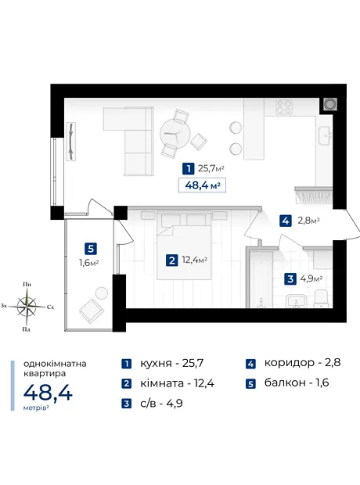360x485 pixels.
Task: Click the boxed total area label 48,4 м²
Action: point(202,185)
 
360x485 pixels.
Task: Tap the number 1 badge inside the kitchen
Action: point(188,169)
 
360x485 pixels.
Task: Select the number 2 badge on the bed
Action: point(172,260)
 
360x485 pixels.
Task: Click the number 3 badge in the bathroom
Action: point(290,279)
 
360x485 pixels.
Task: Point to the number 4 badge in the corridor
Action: point(286,221)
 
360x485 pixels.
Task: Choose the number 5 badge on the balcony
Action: point(90,249)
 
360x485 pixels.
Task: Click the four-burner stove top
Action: point(284,107)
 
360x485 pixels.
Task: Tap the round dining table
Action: point(175,133)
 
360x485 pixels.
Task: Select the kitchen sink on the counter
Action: point(325,135)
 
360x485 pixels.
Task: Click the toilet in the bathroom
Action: point(321,299)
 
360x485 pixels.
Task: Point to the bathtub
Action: point(260,279)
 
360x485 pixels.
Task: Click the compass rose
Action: point(27,306)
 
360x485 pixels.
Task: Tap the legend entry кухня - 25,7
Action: point(172,363)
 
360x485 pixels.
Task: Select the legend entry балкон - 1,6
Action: point(297,383)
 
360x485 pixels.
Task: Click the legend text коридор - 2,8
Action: point(302,362)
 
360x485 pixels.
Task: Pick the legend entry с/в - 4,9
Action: point(161,404)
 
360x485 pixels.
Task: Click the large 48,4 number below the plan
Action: point(48,393)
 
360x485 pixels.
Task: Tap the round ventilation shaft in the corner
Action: point(329,104)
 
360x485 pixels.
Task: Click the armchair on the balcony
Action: point(92,311)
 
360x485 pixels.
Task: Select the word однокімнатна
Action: point(55,364)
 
